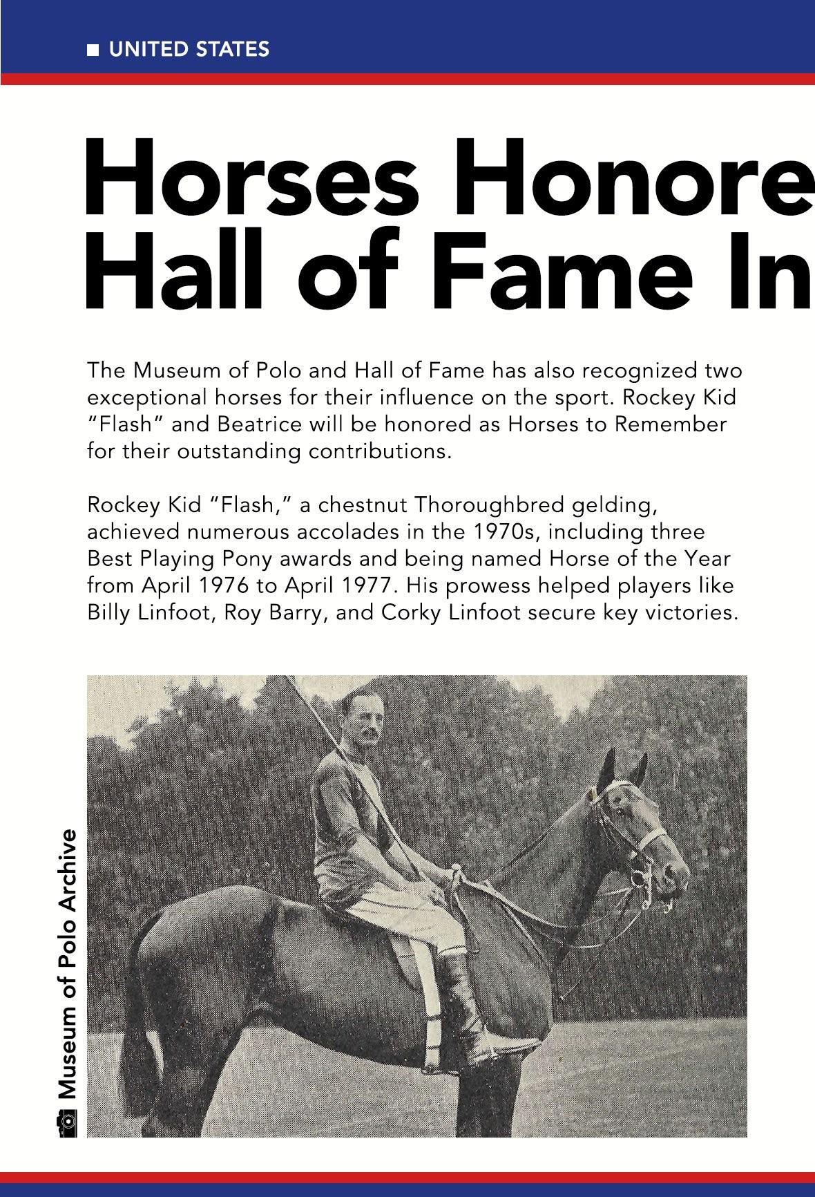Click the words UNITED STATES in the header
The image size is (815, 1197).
coord(189,49)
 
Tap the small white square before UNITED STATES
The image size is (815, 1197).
coord(93,50)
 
